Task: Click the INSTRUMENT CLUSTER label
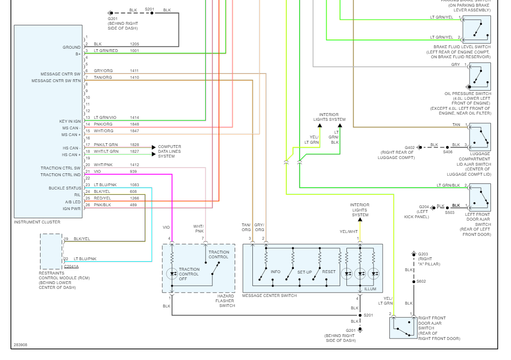click(37, 222)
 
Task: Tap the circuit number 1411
click(135, 71)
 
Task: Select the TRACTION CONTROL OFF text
click(189, 274)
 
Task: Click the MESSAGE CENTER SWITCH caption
click(270, 296)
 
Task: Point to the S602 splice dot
click(414, 282)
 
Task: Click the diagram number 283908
click(21, 344)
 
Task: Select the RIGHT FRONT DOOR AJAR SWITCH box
click(403, 328)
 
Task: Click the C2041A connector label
click(71, 266)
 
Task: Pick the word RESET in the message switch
click(329, 272)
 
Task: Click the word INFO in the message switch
click(276, 272)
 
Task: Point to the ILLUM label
click(370, 289)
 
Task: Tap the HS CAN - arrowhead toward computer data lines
click(154, 148)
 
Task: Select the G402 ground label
click(409, 148)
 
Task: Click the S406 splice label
click(448, 152)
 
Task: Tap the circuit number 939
click(133, 171)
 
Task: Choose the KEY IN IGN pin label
click(70, 121)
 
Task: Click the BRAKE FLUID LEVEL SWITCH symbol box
click(476, 30)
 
